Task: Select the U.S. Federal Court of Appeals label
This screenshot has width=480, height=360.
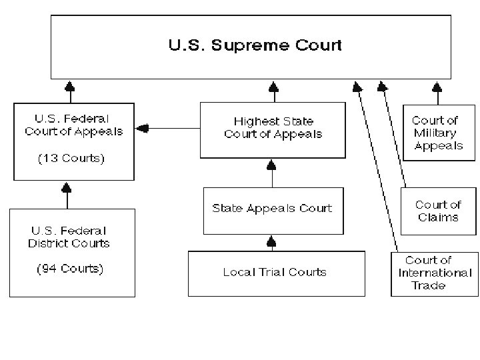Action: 73,126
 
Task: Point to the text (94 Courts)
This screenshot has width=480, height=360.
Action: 69,269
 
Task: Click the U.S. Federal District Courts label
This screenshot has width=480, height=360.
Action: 69,238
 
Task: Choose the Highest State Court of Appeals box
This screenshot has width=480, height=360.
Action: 273,129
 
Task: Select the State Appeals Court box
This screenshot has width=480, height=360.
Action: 272,209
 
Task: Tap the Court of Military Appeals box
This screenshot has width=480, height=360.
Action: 438,132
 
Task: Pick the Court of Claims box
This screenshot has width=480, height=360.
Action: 438,211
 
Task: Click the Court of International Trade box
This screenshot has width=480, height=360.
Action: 434,273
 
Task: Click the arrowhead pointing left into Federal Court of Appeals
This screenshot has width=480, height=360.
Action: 141,128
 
